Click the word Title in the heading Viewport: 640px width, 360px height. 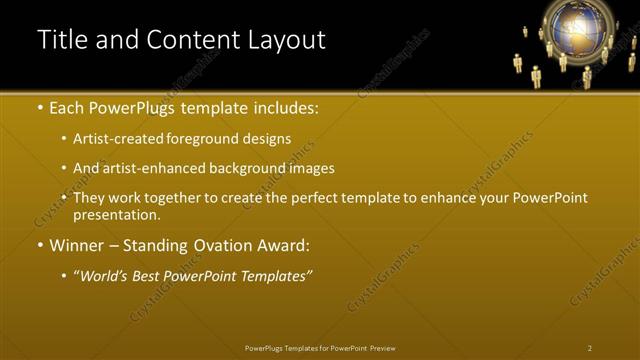coord(59,40)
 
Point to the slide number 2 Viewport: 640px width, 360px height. coord(590,348)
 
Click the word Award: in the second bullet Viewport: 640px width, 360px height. coord(283,245)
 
